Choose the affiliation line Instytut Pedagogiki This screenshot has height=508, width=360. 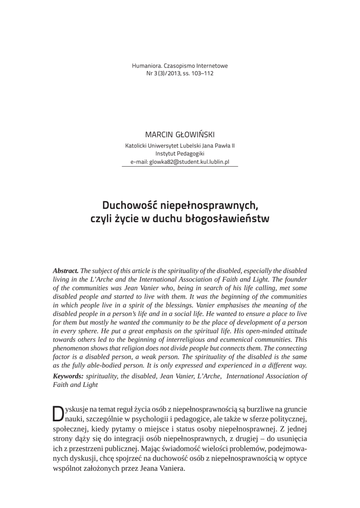180,154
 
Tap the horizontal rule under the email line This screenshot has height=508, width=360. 180,166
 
